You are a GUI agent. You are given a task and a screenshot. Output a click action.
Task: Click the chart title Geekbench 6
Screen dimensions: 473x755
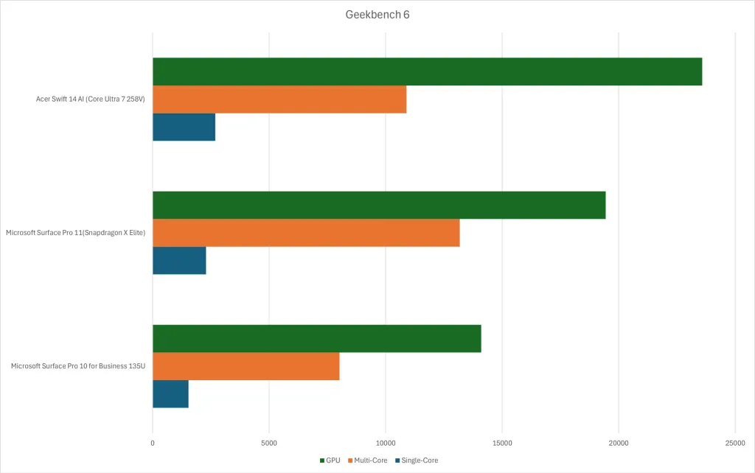pyautogui.click(x=377, y=15)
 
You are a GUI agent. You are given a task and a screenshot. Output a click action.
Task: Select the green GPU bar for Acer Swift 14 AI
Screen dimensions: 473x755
pyautogui.click(x=427, y=71)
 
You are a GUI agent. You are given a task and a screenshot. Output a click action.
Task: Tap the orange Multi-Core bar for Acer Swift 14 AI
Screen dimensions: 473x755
pyautogui.click(x=279, y=99)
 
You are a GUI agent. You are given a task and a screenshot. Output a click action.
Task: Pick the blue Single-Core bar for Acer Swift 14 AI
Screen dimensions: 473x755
pyautogui.click(x=184, y=127)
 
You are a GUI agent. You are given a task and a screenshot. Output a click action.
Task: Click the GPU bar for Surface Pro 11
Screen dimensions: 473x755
pyautogui.click(x=379, y=205)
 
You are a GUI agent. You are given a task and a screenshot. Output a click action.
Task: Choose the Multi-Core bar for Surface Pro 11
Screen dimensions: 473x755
pyautogui.click(x=306, y=233)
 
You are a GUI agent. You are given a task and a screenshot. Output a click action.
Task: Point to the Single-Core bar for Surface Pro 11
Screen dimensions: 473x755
pyautogui.click(x=179, y=260)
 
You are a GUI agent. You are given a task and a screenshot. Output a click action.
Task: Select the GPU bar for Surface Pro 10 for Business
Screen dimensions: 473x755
pyautogui.click(x=316, y=338)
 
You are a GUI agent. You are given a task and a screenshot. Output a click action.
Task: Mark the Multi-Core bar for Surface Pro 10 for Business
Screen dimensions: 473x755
pyautogui.click(x=246, y=366)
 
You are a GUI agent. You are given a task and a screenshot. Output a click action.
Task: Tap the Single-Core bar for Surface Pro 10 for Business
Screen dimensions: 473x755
pyautogui.click(x=170, y=393)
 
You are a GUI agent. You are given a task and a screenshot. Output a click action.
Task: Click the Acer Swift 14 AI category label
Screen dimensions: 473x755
pyautogui.click(x=91, y=99)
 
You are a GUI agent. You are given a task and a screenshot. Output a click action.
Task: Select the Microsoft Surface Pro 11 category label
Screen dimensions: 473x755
pyautogui.click(x=76, y=233)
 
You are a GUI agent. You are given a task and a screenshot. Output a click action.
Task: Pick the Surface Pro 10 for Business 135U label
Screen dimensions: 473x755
pyautogui.click(x=78, y=366)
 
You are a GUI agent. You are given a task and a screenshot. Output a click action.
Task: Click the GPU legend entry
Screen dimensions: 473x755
pyautogui.click(x=330, y=460)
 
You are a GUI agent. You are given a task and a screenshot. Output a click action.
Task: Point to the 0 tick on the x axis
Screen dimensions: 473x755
pyautogui.click(x=153, y=443)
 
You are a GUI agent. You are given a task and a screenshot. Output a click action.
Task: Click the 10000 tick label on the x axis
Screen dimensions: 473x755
pyautogui.click(x=386, y=443)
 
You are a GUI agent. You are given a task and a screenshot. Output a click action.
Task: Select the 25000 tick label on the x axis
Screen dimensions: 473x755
pyautogui.click(x=734, y=443)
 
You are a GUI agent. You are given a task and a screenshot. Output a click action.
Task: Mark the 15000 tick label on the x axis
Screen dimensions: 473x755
pyautogui.click(x=502, y=443)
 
